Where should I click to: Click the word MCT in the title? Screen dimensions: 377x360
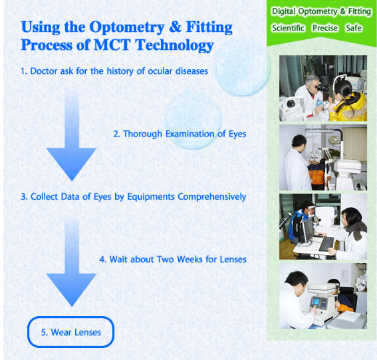(x=112, y=45)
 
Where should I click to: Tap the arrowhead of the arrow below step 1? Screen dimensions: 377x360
(x=71, y=164)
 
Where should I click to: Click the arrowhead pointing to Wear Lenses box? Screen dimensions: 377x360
(x=71, y=289)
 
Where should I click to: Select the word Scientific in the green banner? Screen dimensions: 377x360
(x=288, y=28)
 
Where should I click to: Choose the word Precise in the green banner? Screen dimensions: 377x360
(x=325, y=28)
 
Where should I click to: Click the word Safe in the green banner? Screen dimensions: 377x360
(x=354, y=28)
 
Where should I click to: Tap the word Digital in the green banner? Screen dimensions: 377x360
(x=284, y=11)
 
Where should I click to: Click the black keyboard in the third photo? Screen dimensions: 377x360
(x=326, y=244)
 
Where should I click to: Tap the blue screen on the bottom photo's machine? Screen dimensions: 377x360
(x=316, y=301)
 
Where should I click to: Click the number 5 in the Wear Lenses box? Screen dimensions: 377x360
(x=44, y=333)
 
